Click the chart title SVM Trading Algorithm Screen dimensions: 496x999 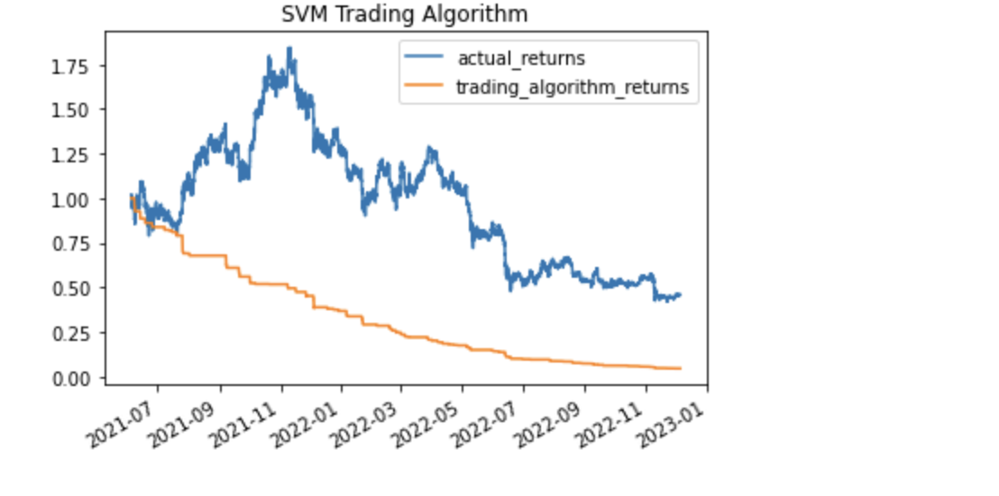405,14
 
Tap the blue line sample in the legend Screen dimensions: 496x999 419,59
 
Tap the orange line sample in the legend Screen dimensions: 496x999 419,87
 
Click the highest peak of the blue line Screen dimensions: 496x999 289,49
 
